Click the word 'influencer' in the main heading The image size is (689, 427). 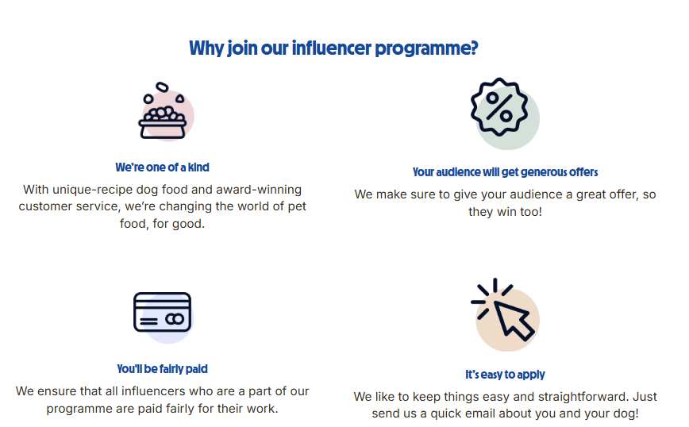331,48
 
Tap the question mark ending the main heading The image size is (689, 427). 474,48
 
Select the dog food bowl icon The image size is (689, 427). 163,111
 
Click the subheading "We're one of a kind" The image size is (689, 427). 162,167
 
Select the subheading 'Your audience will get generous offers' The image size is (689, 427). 506,172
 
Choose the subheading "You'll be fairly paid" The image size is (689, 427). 162,369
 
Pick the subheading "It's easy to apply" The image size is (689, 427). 506,375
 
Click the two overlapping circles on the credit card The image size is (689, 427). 175,319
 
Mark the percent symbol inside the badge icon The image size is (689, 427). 499,107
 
